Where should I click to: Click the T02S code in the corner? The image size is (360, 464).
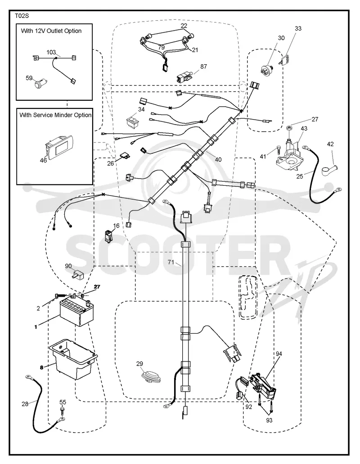[22, 16]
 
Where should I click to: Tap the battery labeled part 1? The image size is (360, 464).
[76, 312]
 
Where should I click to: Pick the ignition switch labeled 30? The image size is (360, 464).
[267, 69]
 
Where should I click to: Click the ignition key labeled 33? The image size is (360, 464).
[285, 59]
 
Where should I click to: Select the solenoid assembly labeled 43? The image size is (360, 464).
[288, 155]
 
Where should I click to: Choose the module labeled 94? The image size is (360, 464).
[263, 385]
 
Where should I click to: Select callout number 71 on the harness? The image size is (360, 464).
[171, 262]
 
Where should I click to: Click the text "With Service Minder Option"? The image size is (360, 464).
[56, 115]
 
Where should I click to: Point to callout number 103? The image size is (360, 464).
[51, 52]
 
